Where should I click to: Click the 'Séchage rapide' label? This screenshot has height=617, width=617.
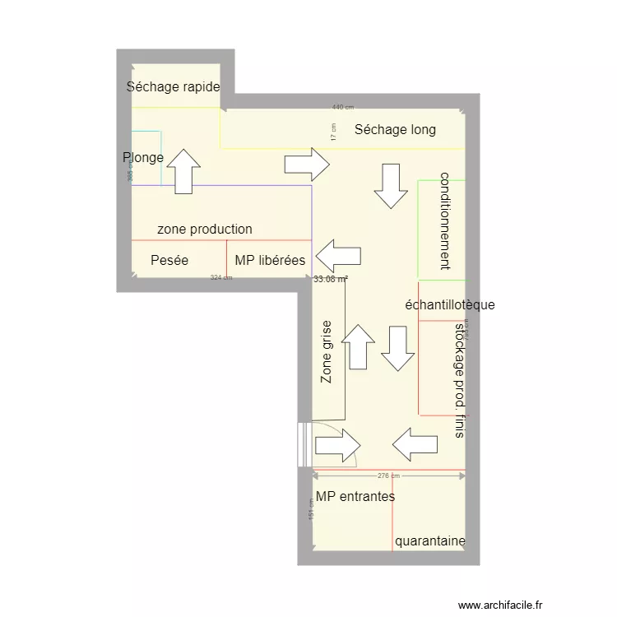174,87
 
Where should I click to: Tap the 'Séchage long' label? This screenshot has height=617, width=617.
395,130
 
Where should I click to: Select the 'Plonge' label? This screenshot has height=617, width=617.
143,158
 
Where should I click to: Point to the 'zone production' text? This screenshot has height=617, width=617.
205,230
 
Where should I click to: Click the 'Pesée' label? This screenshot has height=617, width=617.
169,261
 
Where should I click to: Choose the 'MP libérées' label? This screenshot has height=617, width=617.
270,261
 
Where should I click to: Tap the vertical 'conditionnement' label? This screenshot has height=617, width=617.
445,220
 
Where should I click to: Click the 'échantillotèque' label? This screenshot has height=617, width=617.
450,305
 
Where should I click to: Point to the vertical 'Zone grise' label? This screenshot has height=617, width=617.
327,352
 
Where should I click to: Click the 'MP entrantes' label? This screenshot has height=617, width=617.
355,497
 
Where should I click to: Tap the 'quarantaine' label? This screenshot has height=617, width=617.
430,541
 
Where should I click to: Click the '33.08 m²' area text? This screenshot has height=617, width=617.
331,279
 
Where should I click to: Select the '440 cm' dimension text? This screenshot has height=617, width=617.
343,107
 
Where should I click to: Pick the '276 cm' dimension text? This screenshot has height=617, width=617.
388,476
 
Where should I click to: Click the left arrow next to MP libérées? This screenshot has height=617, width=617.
338,256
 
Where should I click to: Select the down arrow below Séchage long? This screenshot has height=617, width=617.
391,186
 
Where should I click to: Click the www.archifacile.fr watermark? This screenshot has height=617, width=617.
503,604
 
